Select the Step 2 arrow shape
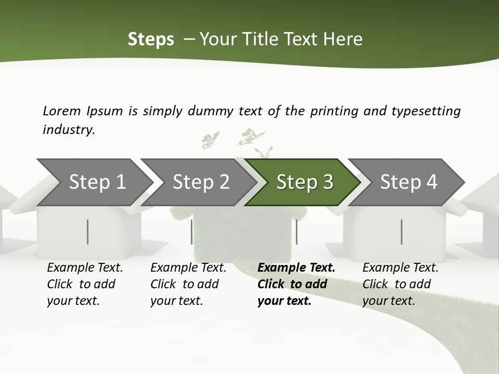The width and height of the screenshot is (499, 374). (201, 182)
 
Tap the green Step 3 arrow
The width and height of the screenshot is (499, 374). (304, 182)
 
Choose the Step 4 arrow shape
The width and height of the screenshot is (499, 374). (409, 182)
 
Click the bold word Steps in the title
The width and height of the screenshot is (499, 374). (151, 39)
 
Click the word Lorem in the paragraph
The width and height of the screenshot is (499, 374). (61, 111)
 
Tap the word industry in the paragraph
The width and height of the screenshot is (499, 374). (69, 130)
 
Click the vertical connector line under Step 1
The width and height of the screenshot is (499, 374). (87, 232)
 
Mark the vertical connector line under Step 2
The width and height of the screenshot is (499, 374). (192, 232)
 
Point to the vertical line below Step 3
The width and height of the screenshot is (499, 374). (296, 232)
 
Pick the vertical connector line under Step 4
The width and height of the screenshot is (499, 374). (401, 232)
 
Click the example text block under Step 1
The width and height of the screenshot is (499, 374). (85, 284)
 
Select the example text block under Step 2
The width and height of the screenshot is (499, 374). (188, 284)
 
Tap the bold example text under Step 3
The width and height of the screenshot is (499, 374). (296, 284)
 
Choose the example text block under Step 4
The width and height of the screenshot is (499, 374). (400, 284)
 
